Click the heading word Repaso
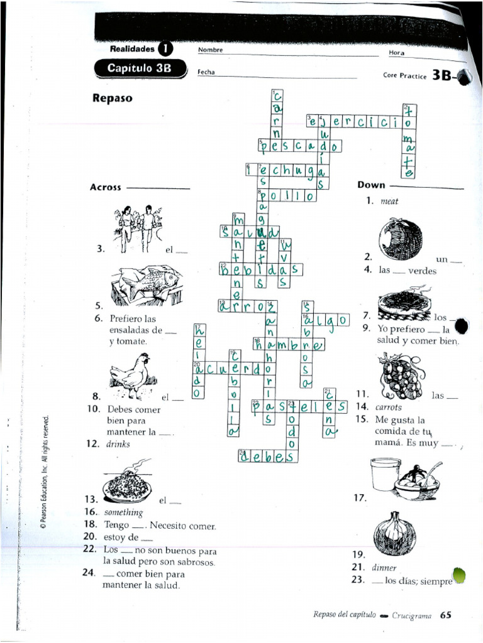112,98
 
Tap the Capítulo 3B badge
139,68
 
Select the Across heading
106,187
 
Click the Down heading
371,185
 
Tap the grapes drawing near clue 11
398,376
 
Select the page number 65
445,615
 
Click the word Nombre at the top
210,50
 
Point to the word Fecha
206,72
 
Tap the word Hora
397,53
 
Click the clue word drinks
118,443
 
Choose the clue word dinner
384,567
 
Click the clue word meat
389,202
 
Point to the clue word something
123,512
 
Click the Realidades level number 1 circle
165,48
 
